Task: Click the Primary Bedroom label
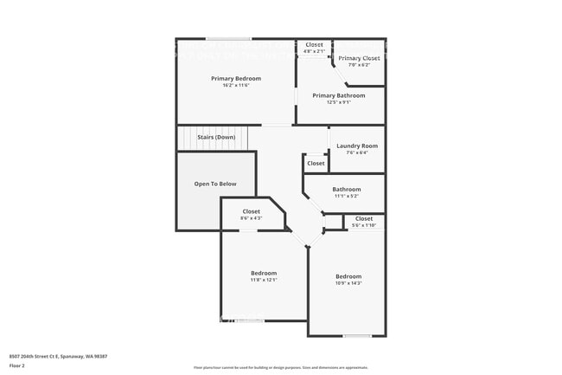tap(236, 78)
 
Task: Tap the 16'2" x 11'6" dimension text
tap(236, 86)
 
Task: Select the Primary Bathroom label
tap(339, 95)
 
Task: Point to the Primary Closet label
tap(359, 58)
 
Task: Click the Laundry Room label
tap(357, 145)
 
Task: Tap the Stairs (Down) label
tap(216, 137)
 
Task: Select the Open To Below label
tap(215, 184)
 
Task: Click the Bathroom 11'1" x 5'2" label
tap(347, 189)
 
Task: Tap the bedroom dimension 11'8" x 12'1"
tap(264, 280)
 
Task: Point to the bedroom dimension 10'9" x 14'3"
tap(348, 283)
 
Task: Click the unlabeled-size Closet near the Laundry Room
tap(316, 163)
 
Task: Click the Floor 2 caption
tap(17, 365)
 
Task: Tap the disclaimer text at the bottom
tap(280, 367)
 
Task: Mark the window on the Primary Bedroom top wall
tap(228, 39)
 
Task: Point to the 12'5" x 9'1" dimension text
tap(339, 103)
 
